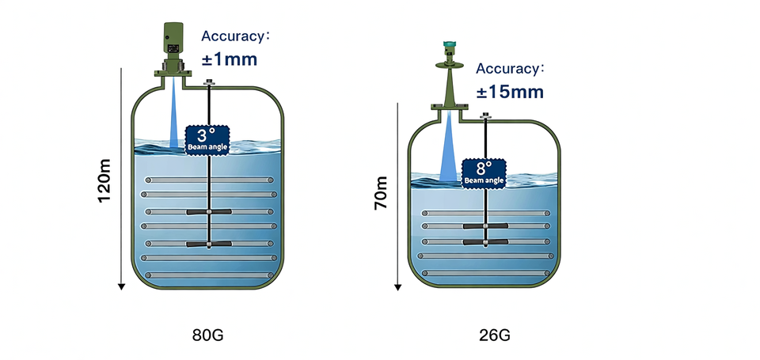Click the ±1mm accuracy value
click(x=229, y=59)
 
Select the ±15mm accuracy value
click(x=510, y=92)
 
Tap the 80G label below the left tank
click(x=208, y=335)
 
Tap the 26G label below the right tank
click(x=495, y=335)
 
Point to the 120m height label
click(x=104, y=181)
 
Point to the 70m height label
click(x=381, y=194)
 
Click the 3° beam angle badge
click(x=207, y=139)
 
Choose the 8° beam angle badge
click(x=483, y=171)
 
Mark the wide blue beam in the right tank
click(x=450, y=150)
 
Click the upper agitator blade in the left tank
click(x=208, y=212)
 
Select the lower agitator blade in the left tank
click(x=208, y=244)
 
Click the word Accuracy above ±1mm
click(x=234, y=36)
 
